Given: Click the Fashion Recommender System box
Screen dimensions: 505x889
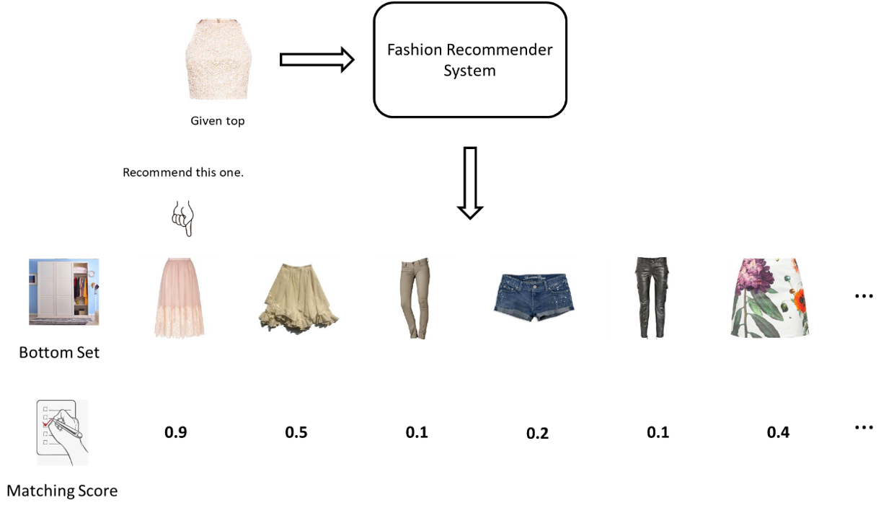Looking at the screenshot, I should point(469,60).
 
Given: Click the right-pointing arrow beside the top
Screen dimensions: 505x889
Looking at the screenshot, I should point(317,59).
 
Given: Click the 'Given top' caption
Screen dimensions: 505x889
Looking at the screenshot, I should point(217,121).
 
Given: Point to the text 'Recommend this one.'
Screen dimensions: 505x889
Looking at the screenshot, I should point(183,173).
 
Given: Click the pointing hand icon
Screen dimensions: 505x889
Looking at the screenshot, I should point(182,218).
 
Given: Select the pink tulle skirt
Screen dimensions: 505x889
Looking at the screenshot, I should point(180,297).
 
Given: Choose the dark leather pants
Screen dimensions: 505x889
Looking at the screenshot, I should point(652,297).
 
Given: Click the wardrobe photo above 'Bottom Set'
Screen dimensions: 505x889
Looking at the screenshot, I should point(63,292).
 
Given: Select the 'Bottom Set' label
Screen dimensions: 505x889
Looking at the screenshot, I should point(59,353).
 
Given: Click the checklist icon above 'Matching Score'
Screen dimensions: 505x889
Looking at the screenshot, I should point(62,432).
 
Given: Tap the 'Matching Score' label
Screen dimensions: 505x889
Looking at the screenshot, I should point(62,491).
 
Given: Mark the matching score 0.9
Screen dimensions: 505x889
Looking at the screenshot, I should point(176,432).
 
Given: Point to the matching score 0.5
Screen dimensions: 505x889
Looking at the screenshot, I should point(296,432).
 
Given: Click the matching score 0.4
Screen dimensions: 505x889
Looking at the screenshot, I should point(778,432).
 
